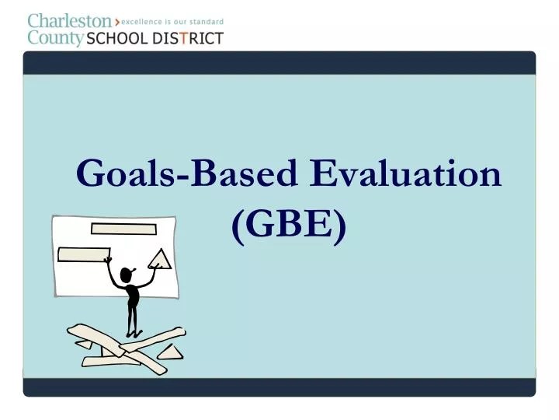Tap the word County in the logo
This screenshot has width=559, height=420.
tap(55, 37)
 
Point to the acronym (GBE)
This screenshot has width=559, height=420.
tap(288, 226)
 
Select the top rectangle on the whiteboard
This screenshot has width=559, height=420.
tap(123, 229)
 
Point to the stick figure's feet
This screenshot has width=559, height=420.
tap(133, 334)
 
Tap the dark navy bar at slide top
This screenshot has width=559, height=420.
tap(279, 62)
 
